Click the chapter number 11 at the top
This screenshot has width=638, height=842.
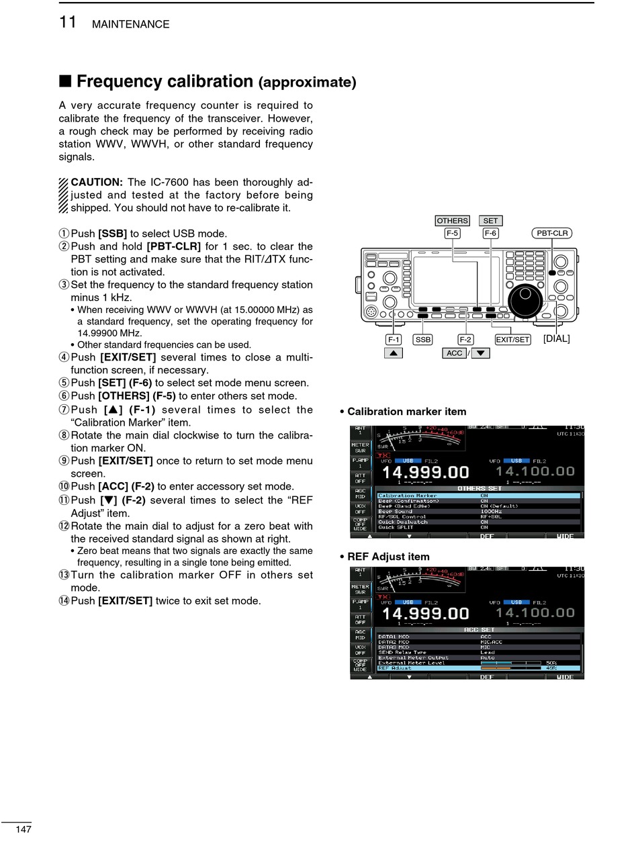[x=68, y=22]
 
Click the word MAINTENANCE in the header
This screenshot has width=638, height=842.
[x=130, y=24]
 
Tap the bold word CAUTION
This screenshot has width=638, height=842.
[x=96, y=182]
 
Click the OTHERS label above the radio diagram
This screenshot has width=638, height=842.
[x=452, y=220]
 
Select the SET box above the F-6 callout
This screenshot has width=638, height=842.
[x=490, y=220]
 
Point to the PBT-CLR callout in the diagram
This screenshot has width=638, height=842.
[x=552, y=233]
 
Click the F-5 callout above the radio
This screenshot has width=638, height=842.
[x=452, y=233]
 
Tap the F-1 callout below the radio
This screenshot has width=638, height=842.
[x=393, y=340]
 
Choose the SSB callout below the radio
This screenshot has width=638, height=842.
[x=422, y=340]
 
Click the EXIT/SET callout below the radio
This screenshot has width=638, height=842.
[x=512, y=340]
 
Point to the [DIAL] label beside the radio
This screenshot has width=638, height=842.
[x=556, y=338]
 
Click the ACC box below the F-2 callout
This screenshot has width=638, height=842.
[x=455, y=353]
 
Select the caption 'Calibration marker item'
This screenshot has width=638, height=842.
[x=406, y=412]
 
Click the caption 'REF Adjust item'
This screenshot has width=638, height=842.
[x=388, y=557]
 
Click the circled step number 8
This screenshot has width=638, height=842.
[x=64, y=435]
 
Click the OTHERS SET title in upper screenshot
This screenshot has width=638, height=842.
[x=479, y=488]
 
